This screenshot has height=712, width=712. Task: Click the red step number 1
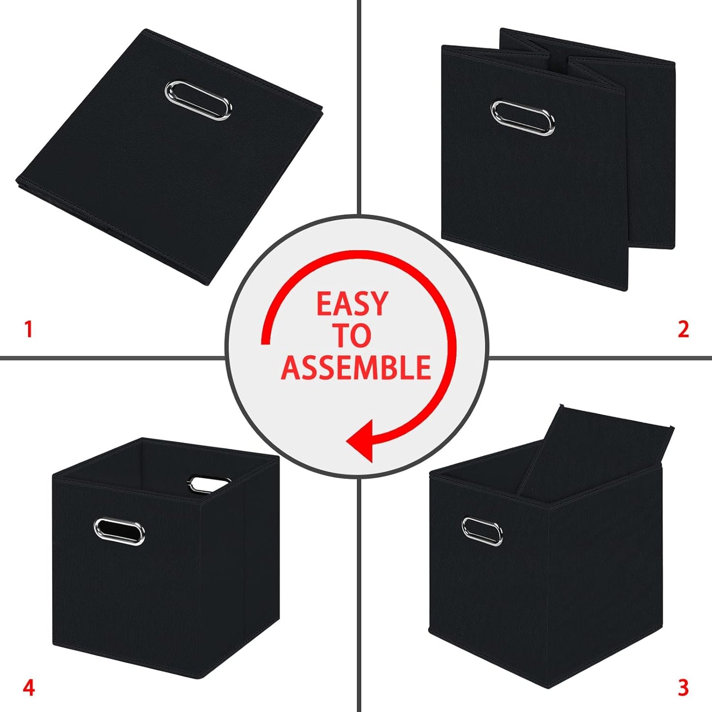pos(29,330)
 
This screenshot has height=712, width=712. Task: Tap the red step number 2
pos(683,330)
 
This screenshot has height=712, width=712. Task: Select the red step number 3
pos(683,677)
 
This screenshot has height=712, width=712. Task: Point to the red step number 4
pos(29,677)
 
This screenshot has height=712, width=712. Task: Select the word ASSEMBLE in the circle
pos(356,368)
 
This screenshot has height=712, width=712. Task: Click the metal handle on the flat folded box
pos(198,100)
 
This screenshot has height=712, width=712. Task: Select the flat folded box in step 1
pos(170,157)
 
